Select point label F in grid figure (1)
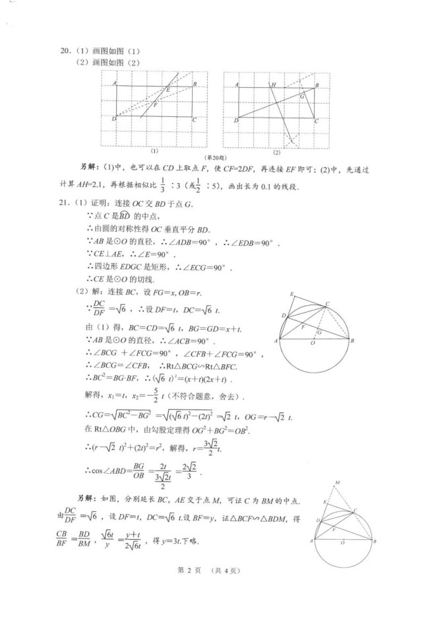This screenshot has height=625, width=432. [156, 105]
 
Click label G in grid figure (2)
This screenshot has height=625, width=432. [302, 96]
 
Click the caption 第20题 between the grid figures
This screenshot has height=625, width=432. [214, 157]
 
